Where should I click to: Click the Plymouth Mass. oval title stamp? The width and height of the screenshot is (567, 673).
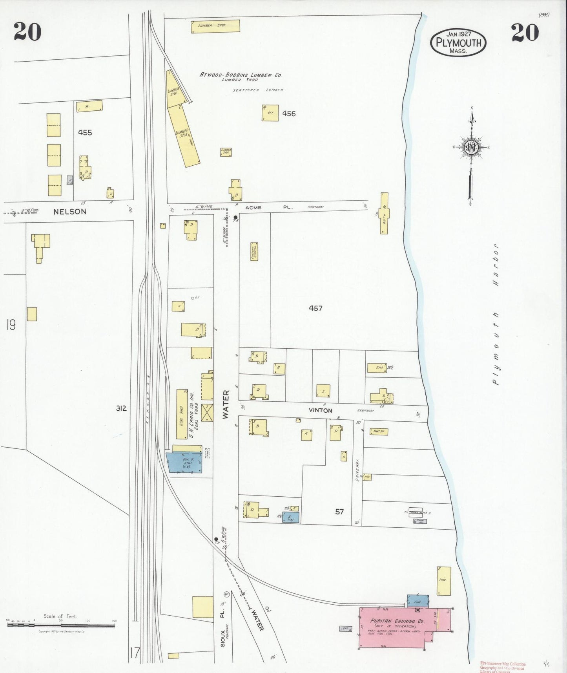[x=458, y=42]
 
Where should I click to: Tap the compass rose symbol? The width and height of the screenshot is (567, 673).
[x=470, y=148]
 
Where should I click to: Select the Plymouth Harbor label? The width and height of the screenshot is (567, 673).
[x=496, y=314]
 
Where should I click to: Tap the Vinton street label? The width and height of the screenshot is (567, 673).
[x=320, y=410]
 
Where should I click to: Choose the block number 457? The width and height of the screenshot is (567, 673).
[x=315, y=308]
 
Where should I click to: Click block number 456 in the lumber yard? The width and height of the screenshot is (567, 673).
[x=289, y=113]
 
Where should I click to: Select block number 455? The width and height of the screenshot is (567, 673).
[x=85, y=133]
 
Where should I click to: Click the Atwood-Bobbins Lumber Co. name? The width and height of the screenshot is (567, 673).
[x=241, y=75]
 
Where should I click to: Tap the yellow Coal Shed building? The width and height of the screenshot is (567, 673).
[x=182, y=414]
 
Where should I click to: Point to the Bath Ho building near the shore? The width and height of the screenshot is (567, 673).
[x=385, y=213]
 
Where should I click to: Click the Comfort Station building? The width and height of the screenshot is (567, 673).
[x=254, y=253]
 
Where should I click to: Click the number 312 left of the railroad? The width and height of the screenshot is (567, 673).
[x=121, y=408]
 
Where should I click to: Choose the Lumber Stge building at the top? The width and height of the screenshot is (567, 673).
[x=215, y=26]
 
